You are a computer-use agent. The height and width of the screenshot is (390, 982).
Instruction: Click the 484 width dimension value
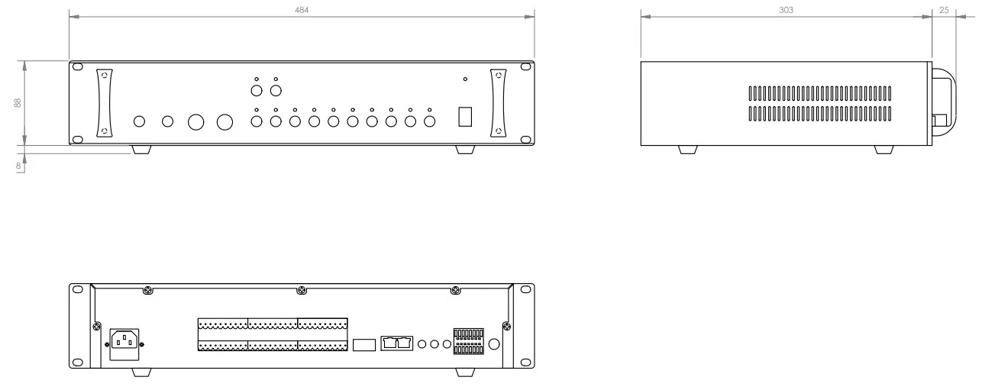point(302,8)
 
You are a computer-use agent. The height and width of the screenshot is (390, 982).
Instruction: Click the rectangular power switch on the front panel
point(465,117)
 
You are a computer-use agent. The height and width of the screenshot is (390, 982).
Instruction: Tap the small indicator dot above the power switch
point(465,79)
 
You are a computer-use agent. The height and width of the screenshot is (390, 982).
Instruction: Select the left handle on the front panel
point(104,104)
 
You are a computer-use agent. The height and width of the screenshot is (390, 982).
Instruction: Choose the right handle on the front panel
point(499,104)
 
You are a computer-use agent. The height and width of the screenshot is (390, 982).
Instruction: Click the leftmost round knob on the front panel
point(139,121)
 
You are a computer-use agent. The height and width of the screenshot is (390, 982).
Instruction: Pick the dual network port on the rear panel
point(396,343)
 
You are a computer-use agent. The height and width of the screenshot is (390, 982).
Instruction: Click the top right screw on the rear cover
point(456,291)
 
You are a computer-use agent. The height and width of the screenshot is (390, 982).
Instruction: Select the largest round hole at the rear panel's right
point(494,344)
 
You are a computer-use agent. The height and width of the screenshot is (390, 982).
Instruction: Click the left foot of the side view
point(687,150)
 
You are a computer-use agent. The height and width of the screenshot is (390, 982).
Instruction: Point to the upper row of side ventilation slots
point(819,95)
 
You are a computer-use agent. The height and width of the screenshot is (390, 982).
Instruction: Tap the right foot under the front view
point(464,150)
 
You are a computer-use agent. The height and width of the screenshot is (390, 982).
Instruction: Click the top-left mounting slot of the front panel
point(78,68)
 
